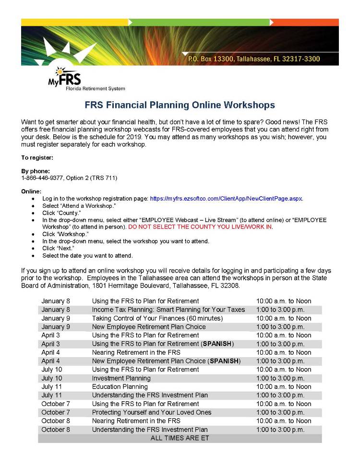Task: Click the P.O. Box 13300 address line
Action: coord(253,59)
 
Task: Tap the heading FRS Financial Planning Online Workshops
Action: coord(180,105)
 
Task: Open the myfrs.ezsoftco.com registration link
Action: coord(226,198)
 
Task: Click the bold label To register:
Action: coord(37,157)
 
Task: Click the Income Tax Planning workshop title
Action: coord(168,310)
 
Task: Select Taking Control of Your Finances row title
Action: coord(157,318)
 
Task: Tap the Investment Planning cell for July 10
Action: coord(121,378)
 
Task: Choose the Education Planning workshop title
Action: coord(120,387)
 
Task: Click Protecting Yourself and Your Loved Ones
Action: coord(151,412)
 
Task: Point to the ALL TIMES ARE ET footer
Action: coord(180,438)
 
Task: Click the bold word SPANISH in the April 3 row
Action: coord(217,344)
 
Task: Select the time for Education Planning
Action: coord(283,387)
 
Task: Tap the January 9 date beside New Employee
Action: coord(56,327)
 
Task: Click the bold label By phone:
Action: coord(36,171)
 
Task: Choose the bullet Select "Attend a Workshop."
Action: coord(79,205)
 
